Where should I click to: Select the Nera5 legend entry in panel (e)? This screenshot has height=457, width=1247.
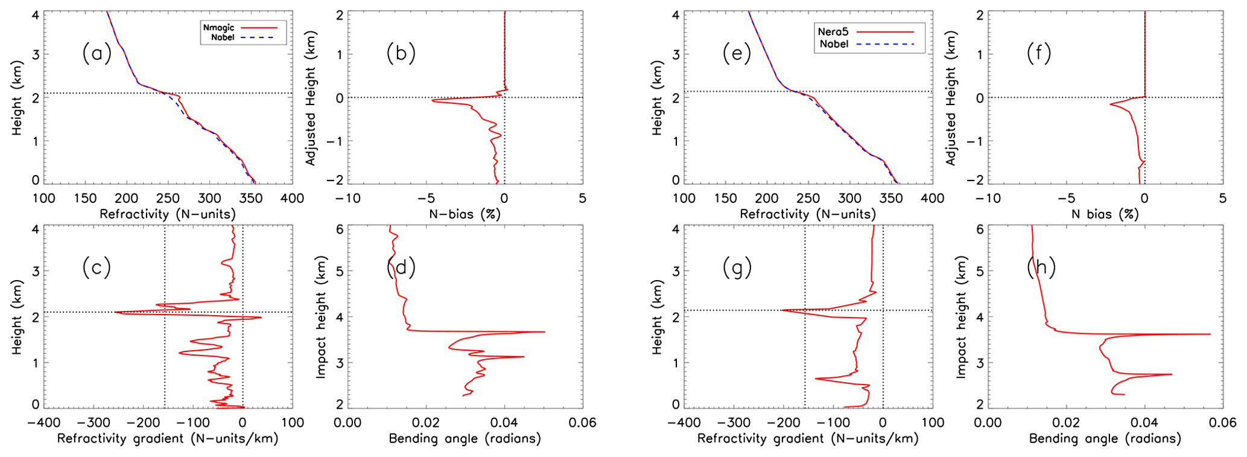click(833, 31)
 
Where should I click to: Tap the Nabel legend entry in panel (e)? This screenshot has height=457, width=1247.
click(834, 44)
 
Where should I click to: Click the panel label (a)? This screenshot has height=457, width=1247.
click(97, 54)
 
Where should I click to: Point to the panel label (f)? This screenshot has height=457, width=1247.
click(1039, 54)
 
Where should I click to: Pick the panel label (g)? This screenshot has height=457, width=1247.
click(737, 267)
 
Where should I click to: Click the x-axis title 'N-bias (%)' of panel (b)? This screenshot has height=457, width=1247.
click(465, 214)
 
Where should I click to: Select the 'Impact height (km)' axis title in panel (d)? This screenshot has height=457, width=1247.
click(320, 318)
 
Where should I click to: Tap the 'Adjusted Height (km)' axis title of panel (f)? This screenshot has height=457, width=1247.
click(951, 98)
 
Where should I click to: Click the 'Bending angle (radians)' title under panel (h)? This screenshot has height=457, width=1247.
click(1105, 438)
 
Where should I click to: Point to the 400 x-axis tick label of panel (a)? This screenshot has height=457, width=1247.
click(293, 199)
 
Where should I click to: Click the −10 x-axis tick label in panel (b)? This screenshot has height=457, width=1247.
click(347, 199)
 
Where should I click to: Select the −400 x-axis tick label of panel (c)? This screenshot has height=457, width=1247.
click(43, 423)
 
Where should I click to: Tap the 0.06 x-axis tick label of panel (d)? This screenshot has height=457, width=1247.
click(583, 423)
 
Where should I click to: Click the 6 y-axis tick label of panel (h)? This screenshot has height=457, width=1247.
click(979, 230)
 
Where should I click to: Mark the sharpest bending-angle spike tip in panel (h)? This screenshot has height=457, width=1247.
click(1210, 334)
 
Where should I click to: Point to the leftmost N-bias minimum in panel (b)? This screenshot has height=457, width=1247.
click(432, 100)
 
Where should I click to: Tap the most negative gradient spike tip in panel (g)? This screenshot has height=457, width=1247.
click(782, 310)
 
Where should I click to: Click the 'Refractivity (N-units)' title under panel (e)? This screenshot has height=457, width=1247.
click(808, 214)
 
